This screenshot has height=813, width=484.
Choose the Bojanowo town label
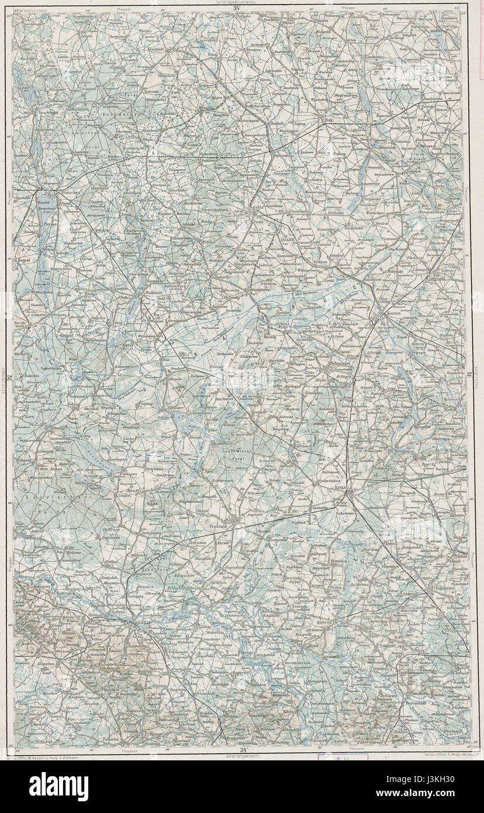point(444,585)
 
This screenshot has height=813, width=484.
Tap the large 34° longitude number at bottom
point(241,749)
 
